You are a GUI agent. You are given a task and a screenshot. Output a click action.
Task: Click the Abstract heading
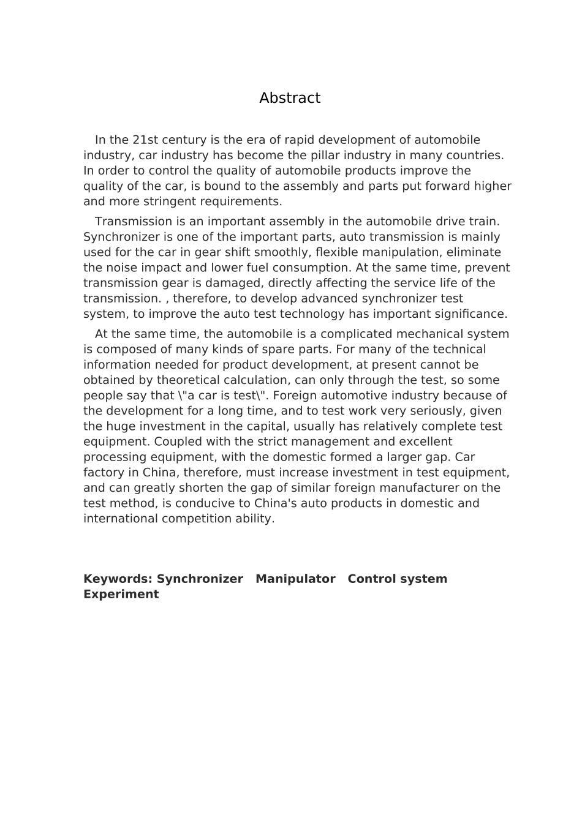290,98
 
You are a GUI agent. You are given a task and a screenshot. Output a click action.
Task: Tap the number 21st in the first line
145,140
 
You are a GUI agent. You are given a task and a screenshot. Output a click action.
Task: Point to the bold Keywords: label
118,579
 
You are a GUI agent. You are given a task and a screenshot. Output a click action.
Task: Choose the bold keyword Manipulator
295,579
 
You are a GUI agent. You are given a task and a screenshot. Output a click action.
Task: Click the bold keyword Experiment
121,595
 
